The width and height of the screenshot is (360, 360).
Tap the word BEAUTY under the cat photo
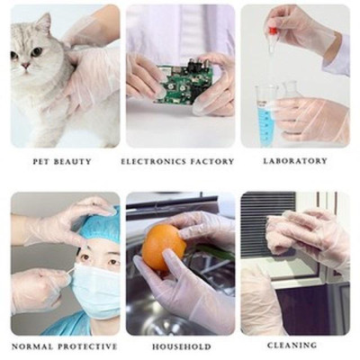tap(75, 162)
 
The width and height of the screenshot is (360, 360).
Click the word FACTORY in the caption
tap(212, 162)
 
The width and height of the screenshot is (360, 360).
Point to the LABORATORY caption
tap(295, 161)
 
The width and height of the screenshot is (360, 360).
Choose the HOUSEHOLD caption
tap(181, 346)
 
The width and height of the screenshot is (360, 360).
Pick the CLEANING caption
tap(292, 346)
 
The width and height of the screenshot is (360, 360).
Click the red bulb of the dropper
tap(273, 32)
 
